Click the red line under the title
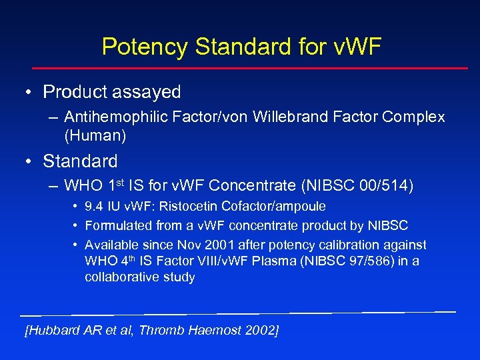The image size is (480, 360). pos(250,67)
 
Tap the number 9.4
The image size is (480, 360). pos(94,207)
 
